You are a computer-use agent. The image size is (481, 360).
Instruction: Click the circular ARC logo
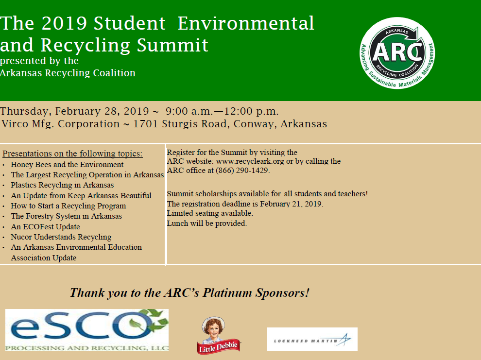[397, 53]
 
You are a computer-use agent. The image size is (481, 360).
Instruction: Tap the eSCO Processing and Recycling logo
[87, 330]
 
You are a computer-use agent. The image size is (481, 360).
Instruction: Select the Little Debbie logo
[218, 335]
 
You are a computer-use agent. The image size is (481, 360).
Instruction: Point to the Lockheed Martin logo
[312, 339]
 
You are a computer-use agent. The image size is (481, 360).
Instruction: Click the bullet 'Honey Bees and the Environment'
[67, 165]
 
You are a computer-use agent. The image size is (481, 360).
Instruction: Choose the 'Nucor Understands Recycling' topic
[61, 237]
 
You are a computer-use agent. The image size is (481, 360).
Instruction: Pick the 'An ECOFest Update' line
[45, 226]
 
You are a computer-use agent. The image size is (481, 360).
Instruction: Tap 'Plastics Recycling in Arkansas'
[62, 185]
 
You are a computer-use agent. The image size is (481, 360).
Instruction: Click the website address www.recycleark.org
[250, 161]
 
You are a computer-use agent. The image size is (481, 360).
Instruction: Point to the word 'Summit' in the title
[172, 45]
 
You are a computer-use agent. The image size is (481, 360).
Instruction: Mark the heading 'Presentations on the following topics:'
[72, 154]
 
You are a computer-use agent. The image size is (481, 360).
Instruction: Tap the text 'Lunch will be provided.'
[207, 223]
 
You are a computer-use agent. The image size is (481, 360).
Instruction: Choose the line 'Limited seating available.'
[210, 213]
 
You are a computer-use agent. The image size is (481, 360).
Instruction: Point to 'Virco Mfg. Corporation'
[61, 124]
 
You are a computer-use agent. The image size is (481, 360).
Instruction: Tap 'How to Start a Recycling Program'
[69, 206]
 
